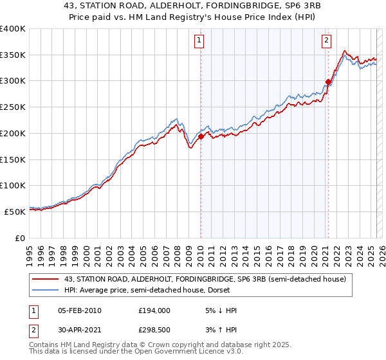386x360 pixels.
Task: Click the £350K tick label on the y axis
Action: point(13,55)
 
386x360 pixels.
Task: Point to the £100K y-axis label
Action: point(13,185)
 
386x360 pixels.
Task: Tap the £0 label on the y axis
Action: point(21,237)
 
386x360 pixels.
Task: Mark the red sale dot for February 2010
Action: point(201,136)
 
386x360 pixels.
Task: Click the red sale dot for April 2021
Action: point(328,82)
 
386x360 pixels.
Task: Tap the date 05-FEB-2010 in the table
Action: point(79,310)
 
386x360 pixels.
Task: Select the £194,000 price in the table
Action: point(154,310)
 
